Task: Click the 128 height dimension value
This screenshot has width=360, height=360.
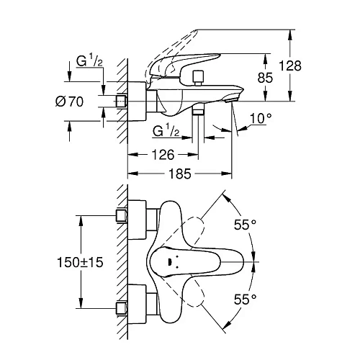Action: tap(311, 65)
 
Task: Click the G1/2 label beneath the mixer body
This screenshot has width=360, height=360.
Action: tap(167, 132)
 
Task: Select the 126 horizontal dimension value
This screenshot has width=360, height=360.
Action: tap(162, 153)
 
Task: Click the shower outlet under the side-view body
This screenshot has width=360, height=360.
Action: tap(199, 109)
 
